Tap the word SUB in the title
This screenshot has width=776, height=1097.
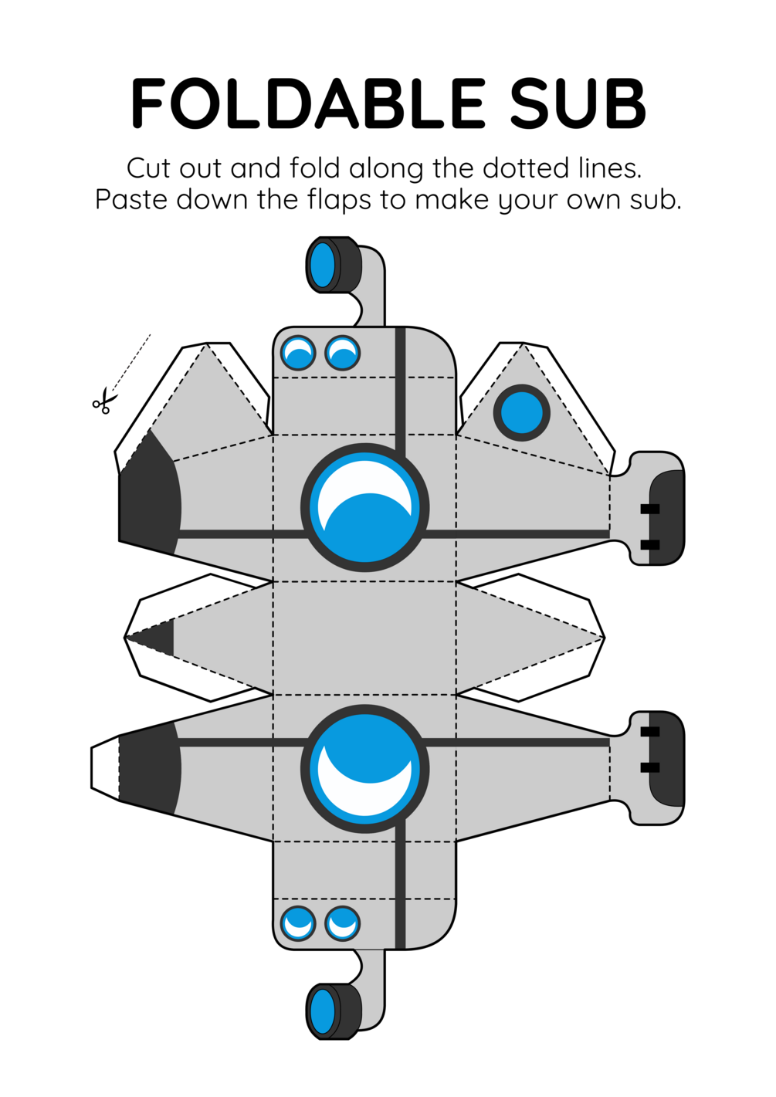(578, 103)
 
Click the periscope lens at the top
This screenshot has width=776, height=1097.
(323, 265)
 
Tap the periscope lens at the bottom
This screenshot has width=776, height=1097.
(323, 1011)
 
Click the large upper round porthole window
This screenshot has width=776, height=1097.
(364, 508)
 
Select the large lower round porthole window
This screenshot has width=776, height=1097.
(364, 769)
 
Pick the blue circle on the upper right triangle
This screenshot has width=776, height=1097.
(522, 413)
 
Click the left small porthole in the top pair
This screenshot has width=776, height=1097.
(297, 354)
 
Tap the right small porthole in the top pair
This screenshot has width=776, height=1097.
(342, 354)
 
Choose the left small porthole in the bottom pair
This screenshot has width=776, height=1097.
(297, 923)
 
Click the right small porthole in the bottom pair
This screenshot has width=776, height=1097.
(342, 923)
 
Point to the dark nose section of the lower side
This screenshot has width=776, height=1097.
(149, 768)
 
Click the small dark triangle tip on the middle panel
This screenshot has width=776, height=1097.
(158, 638)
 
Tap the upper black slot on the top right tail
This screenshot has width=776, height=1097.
(650, 510)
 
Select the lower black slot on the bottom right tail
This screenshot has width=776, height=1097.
(650, 767)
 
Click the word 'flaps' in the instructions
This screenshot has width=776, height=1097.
(339, 200)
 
